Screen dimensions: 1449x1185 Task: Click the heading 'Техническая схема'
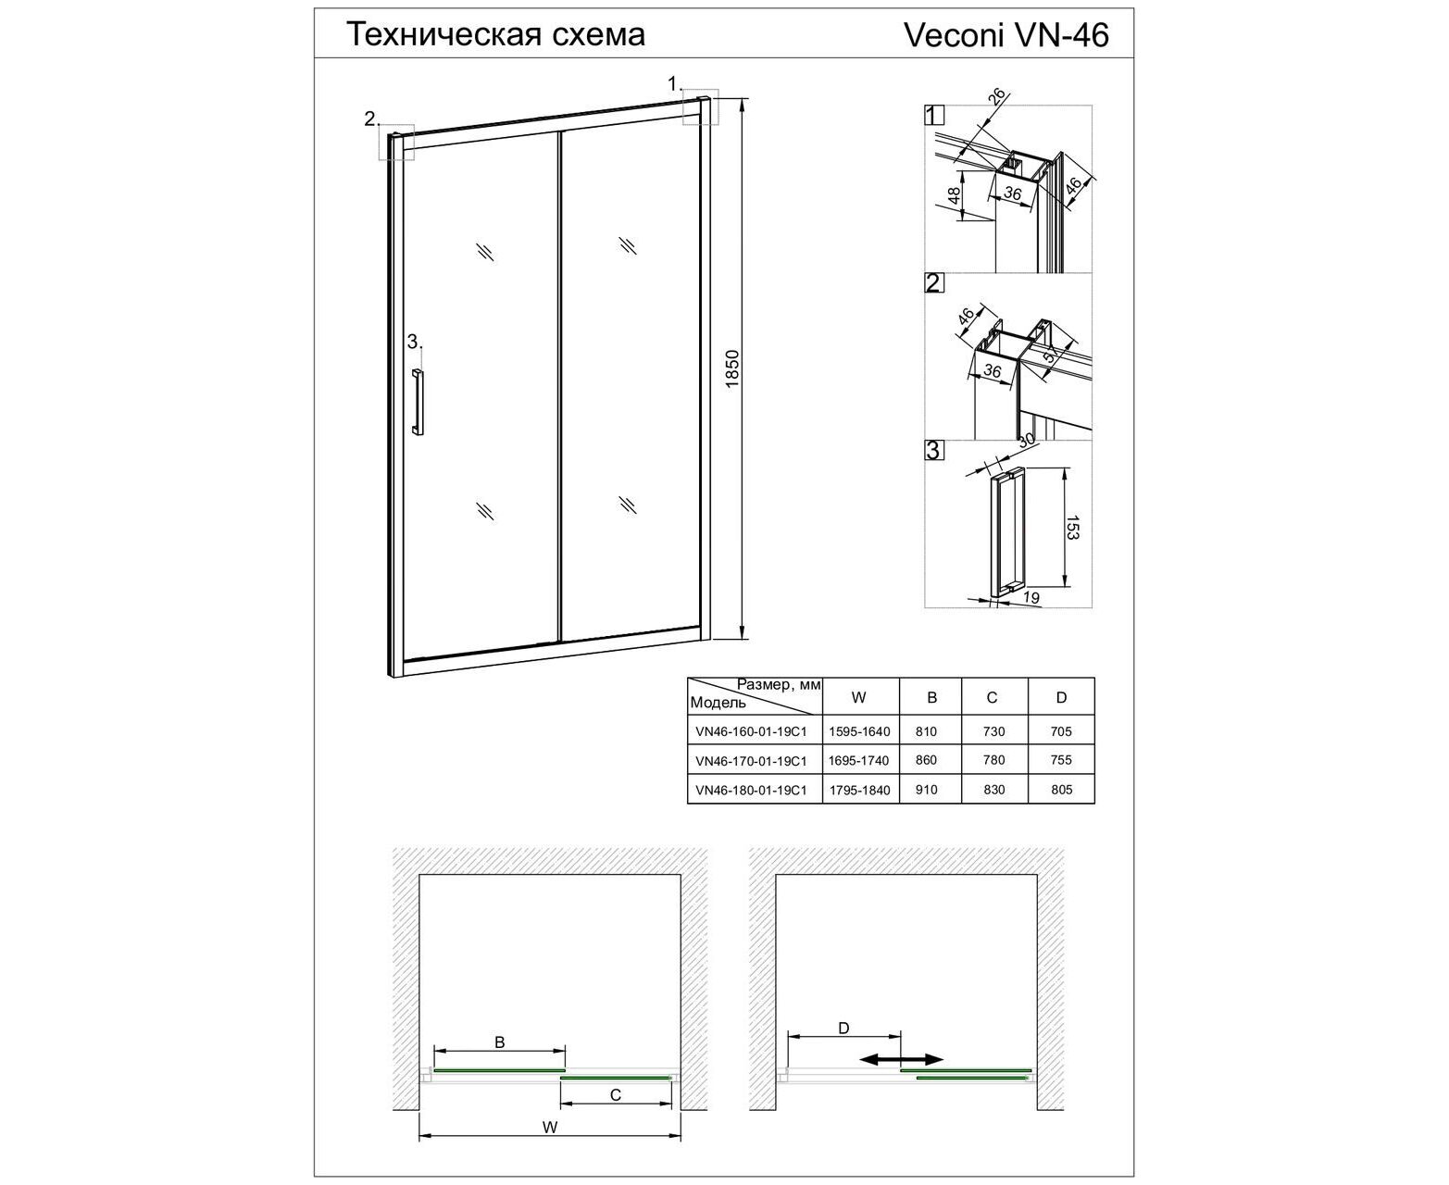(x=496, y=34)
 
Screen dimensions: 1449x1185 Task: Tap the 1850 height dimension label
(x=731, y=368)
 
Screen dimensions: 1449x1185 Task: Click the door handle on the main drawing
(x=418, y=403)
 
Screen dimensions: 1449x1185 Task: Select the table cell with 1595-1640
(x=859, y=731)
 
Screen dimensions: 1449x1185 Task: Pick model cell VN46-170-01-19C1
(x=751, y=761)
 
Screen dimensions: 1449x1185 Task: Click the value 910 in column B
(x=926, y=790)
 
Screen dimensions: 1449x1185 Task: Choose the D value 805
(x=1061, y=790)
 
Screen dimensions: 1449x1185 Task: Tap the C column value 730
(x=993, y=731)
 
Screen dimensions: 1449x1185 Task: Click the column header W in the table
(x=859, y=697)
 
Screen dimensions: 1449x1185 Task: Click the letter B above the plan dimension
(x=499, y=1042)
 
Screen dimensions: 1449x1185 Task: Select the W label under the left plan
(x=549, y=1127)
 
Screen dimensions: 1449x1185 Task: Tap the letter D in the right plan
(x=843, y=1029)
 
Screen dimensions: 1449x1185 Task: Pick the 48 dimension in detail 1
(x=955, y=195)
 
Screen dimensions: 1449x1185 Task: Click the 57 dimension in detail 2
(x=1051, y=353)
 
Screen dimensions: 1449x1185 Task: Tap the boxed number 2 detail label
(x=933, y=282)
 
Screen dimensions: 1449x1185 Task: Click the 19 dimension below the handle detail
(x=1031, y=597)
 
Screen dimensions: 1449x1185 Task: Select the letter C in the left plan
(x=616, y=1094)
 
